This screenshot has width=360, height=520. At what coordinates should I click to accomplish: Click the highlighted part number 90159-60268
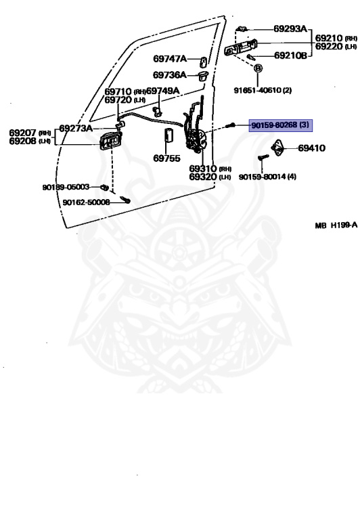[x=275, y=125]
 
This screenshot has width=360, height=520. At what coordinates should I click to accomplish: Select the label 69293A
[x=291, y=29]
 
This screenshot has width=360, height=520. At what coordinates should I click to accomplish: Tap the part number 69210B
[x=291, y=56]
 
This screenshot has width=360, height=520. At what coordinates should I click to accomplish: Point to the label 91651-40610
[x=258, y=90]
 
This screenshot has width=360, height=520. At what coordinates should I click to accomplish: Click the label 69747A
[x=170, y=59]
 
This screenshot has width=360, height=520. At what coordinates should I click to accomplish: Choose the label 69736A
[x=170, y=75]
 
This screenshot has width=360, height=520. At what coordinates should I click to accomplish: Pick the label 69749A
[x=163, y=91]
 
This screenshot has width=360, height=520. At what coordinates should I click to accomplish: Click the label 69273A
[x=76, y=129]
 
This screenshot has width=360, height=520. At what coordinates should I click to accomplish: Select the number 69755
[x=166, y=158]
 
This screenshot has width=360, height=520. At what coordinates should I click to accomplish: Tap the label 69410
[x=311, y=148]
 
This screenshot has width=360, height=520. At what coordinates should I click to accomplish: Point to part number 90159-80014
[x=262, y=177]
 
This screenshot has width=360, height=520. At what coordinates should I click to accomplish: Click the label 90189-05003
[x=66, y=187]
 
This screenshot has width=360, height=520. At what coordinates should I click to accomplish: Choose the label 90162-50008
[x=86, y=202]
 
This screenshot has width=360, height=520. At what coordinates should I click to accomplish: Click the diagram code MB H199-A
[x=336, y=225]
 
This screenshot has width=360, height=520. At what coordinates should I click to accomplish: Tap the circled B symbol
[x=258, y=68]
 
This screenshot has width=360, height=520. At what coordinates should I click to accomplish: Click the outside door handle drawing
[x=241, y=48]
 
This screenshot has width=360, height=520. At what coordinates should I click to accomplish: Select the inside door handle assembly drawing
[x=110, y=142]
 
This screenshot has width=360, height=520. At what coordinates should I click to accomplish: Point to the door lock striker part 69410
[x=277, y=147]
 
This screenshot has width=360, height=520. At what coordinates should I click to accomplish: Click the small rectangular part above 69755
[x=168, y=135]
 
